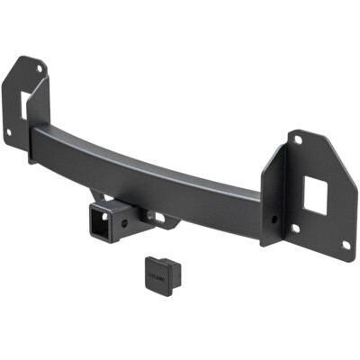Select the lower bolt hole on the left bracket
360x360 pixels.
(10, 132)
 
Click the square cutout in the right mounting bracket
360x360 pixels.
(314, 196)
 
